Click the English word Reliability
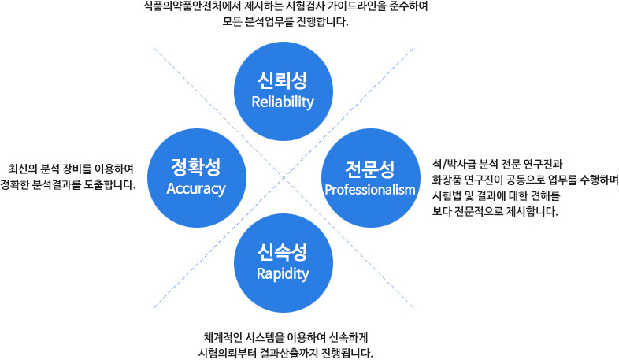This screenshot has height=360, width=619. click(x=283, y=102)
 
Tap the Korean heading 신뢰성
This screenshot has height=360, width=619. click(x=283, y=80)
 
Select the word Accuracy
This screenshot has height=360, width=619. click(x=196, y=189)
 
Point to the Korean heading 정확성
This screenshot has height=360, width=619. click(x=196, y=167)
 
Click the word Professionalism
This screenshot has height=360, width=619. click(x=370, y=190)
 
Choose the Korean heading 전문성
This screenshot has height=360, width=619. click(x=370, y=169)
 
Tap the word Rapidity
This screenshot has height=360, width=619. click(x=283, y=274)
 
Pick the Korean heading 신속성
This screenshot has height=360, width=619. click(x=283, y=252)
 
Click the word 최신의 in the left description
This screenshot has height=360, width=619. click(x=20, y=169)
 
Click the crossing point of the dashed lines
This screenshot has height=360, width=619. click(x=284, y=177)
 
